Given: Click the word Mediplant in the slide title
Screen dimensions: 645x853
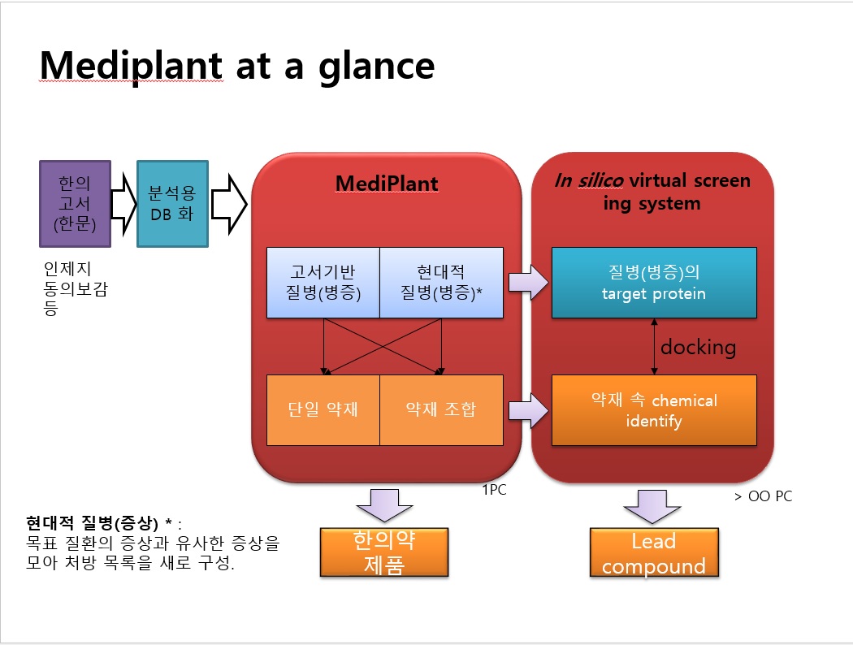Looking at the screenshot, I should coord(131,65).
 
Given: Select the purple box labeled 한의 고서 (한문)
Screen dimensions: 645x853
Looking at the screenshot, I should coord(75,203).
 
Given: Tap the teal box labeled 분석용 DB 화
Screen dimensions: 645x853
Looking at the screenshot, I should coord(172,203).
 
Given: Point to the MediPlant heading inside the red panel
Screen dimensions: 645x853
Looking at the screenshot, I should coord(387,184).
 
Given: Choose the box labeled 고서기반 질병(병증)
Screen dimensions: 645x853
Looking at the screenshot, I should coord(324,282).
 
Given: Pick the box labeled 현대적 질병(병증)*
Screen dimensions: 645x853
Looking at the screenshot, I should coord(441,282).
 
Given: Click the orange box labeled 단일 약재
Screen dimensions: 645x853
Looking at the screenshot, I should coord(323,409).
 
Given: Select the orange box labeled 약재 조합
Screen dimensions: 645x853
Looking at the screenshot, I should coord(441,409).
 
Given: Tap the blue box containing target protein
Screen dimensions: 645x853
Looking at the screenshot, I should coord(654,283).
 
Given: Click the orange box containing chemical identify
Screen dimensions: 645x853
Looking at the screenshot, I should coord(654,410).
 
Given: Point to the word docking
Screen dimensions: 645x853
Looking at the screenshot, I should coord(698,348).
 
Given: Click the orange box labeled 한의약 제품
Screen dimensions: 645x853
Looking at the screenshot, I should coord(384,552).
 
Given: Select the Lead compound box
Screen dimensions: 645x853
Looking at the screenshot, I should coord(654,553).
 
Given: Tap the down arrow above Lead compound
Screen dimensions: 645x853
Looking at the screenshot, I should coord(654,506).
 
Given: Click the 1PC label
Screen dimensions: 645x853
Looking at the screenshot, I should coord(494,491).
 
